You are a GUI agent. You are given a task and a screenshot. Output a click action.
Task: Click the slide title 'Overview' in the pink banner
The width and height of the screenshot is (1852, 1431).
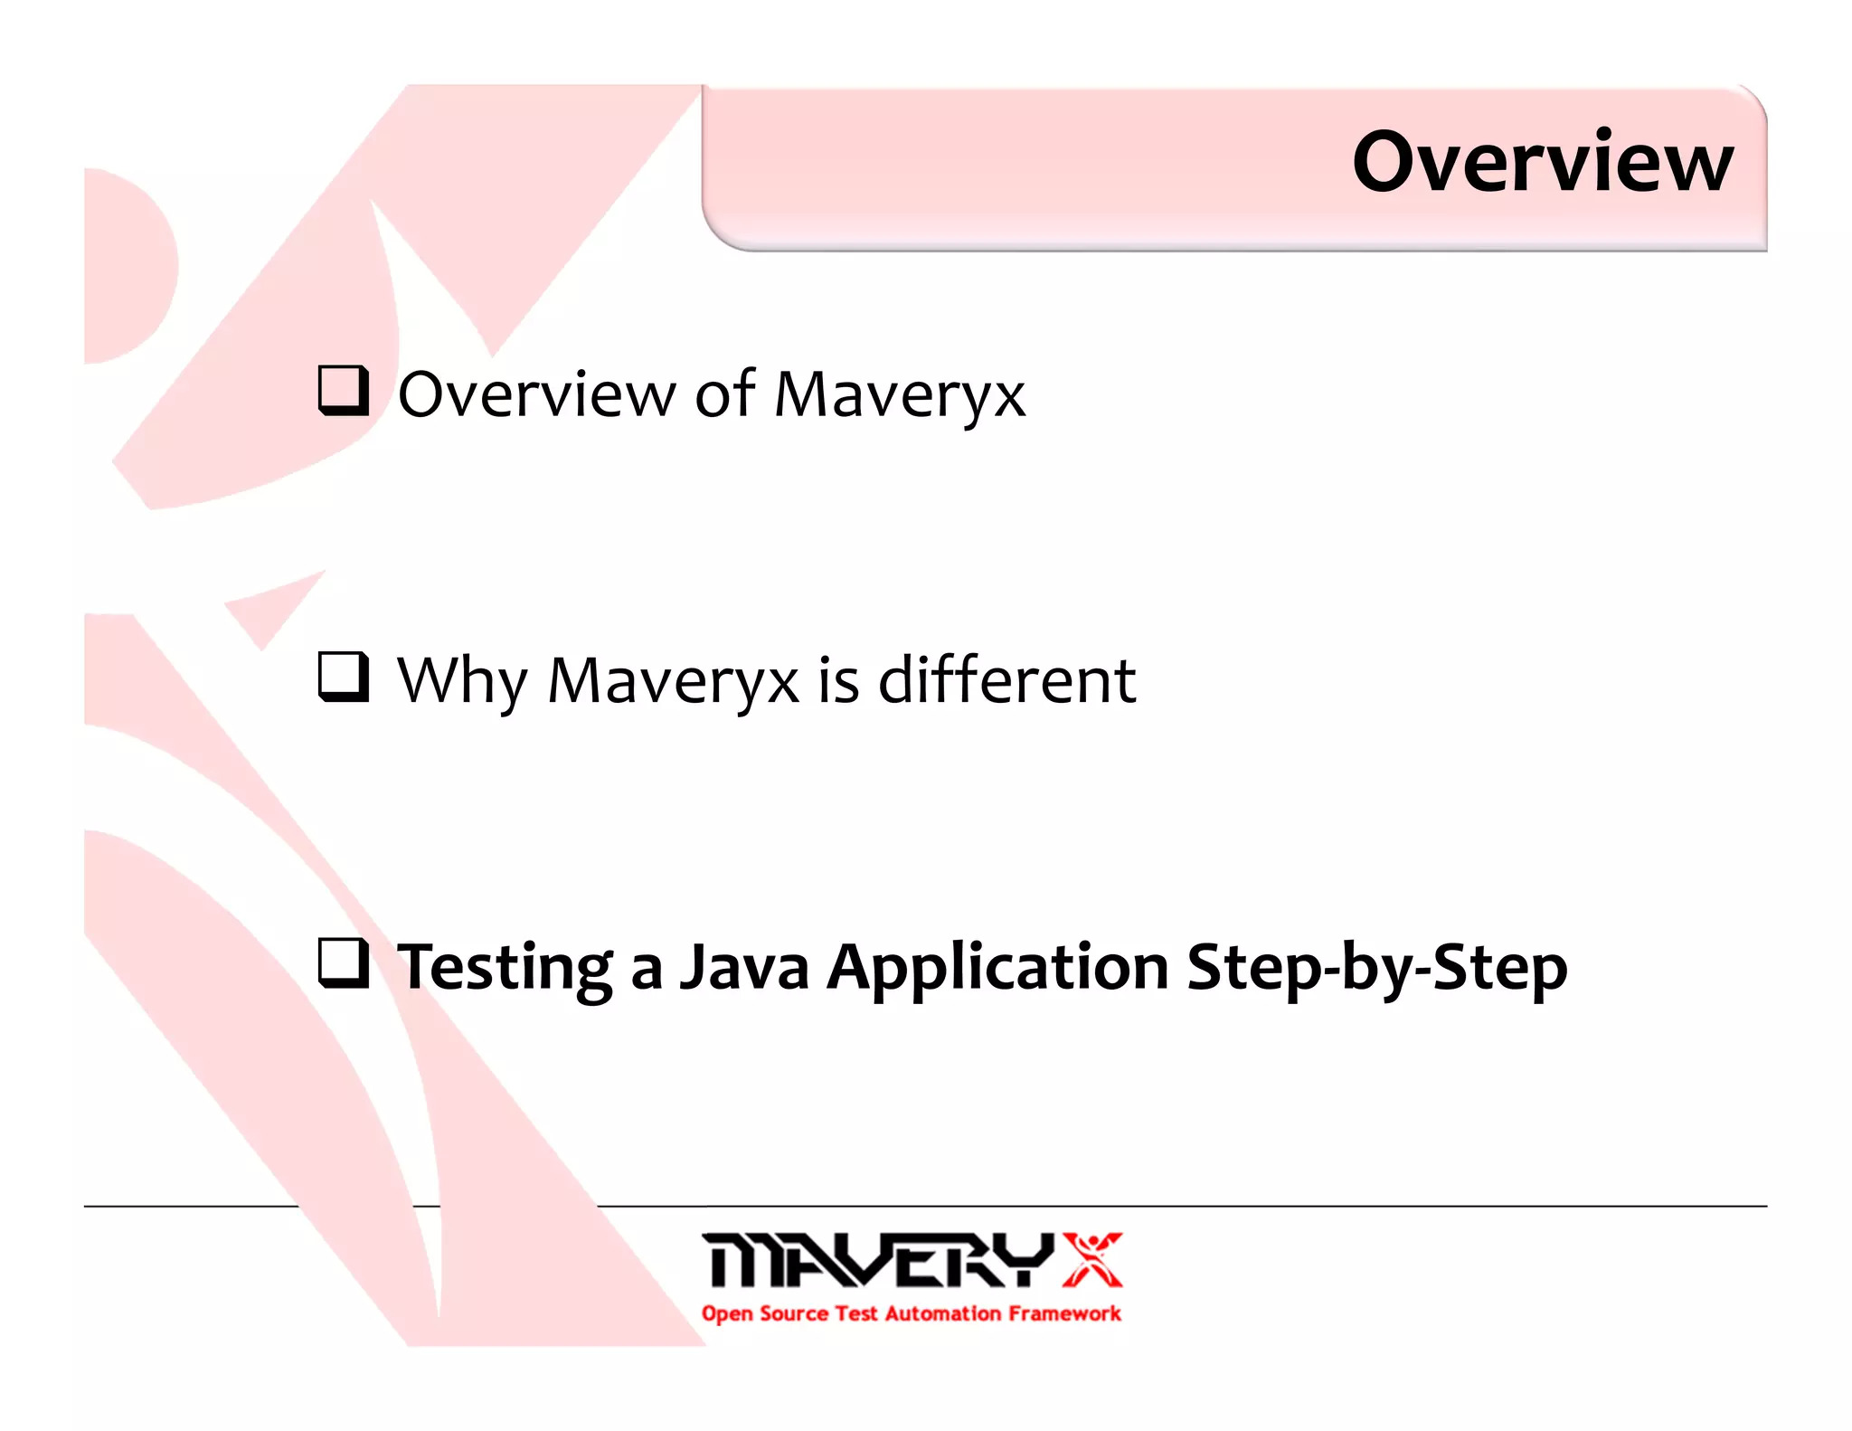pyautogui.click(x=1543, y=163)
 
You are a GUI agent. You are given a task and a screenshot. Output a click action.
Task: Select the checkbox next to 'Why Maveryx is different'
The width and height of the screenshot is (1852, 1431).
pyautogui.click(x=344, y=677)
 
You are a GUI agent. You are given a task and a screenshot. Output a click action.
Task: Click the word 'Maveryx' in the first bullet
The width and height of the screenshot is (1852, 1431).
pyautogui.click(x=900, y=395)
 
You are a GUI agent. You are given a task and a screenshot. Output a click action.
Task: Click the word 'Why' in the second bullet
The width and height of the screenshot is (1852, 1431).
pyautogui.click(x=462, y=681)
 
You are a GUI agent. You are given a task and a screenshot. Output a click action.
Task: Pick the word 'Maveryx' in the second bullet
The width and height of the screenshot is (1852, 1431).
pyautogui.click(x=674, y=681)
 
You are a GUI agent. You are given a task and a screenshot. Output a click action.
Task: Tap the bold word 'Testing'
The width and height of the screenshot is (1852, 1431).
pyautogui.click(x=506, y=968)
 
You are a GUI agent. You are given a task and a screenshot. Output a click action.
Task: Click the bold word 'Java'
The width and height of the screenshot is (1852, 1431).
pyautogui.click(x=743, y=967)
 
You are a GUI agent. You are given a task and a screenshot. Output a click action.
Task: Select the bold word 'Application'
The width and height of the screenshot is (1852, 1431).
pyautogui.click(x=998, y=968)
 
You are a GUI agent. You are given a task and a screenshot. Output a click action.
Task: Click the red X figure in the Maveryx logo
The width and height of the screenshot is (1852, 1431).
pyautogui.click(x=1091, y=1258)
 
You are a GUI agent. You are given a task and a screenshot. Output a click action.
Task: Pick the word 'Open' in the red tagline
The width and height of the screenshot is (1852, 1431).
pyautogui.click(x=727, y=1314)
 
